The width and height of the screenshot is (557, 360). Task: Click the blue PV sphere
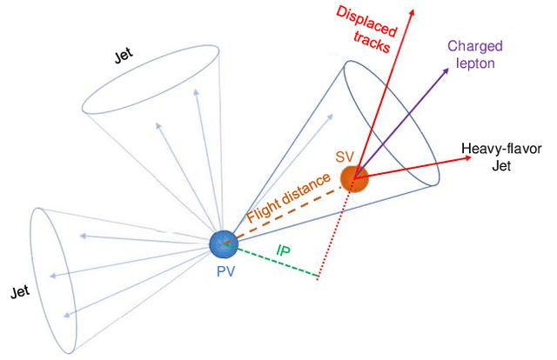(224, 244)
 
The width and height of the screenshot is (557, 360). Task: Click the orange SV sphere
(353, 178)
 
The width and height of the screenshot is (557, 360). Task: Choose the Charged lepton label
(475, 53)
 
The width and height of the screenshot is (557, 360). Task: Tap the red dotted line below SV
(335, 235)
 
